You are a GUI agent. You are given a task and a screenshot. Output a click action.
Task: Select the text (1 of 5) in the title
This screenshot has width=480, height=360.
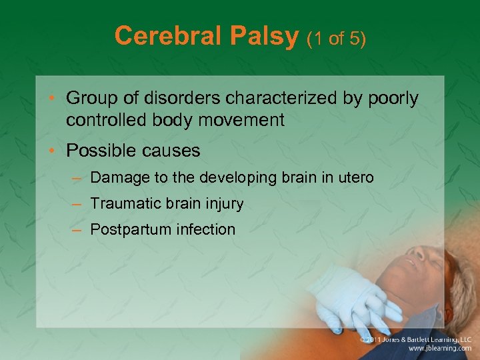336,38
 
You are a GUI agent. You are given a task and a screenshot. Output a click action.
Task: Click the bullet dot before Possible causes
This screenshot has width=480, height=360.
56,151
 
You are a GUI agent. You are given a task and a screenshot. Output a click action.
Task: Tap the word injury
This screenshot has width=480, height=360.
225,204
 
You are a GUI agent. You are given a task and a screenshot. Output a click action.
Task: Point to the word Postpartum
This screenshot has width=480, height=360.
131,229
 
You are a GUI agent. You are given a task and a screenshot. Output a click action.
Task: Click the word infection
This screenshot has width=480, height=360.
206,229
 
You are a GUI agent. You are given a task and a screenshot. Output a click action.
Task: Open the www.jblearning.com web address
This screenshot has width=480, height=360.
441,349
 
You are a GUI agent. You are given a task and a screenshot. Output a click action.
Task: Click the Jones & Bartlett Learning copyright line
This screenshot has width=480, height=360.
417,339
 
